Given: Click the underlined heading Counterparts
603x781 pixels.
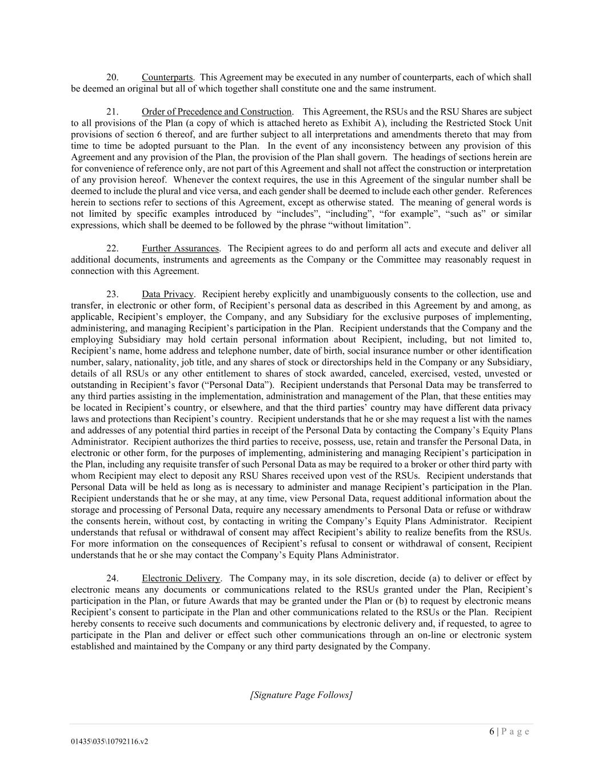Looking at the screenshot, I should tap(167, 77).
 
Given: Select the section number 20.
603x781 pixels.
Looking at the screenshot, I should tap(113, 77).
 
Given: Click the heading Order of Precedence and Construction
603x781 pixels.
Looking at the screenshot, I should tap(217, 112).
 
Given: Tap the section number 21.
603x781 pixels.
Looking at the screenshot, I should tap(113, 112).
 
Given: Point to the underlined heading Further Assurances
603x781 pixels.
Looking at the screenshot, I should tap(180, 248).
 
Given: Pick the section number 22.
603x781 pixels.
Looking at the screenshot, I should tap(113, 248).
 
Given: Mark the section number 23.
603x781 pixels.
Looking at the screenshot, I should tap(113, 294).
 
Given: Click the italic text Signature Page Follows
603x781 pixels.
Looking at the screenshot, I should tap(301, 695).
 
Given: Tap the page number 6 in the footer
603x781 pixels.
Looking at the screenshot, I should tap(492, 732).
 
